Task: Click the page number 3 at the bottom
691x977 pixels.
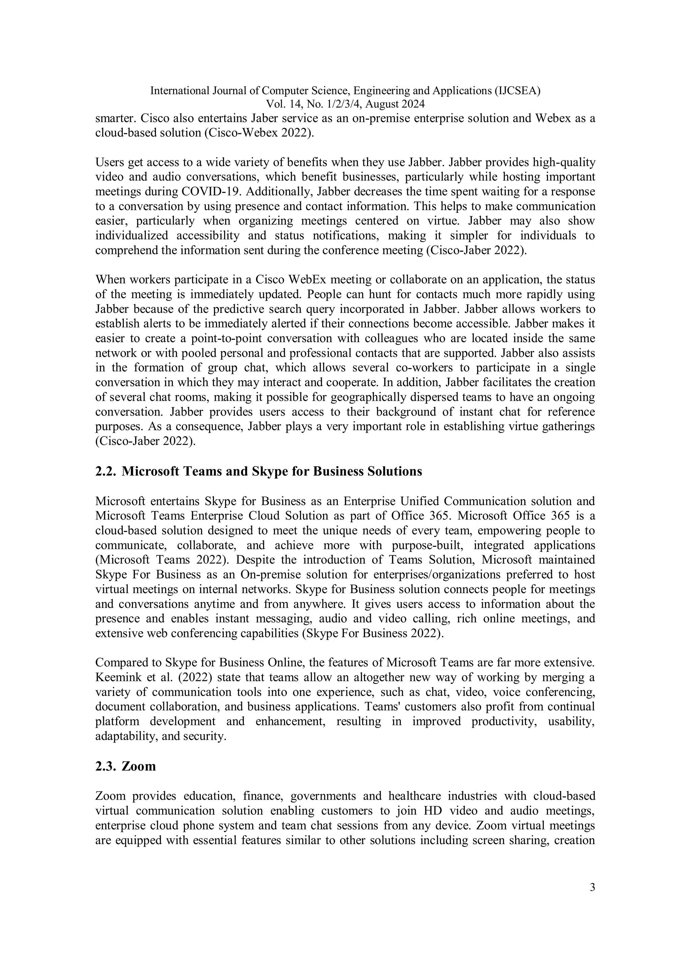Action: click(592, 888)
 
